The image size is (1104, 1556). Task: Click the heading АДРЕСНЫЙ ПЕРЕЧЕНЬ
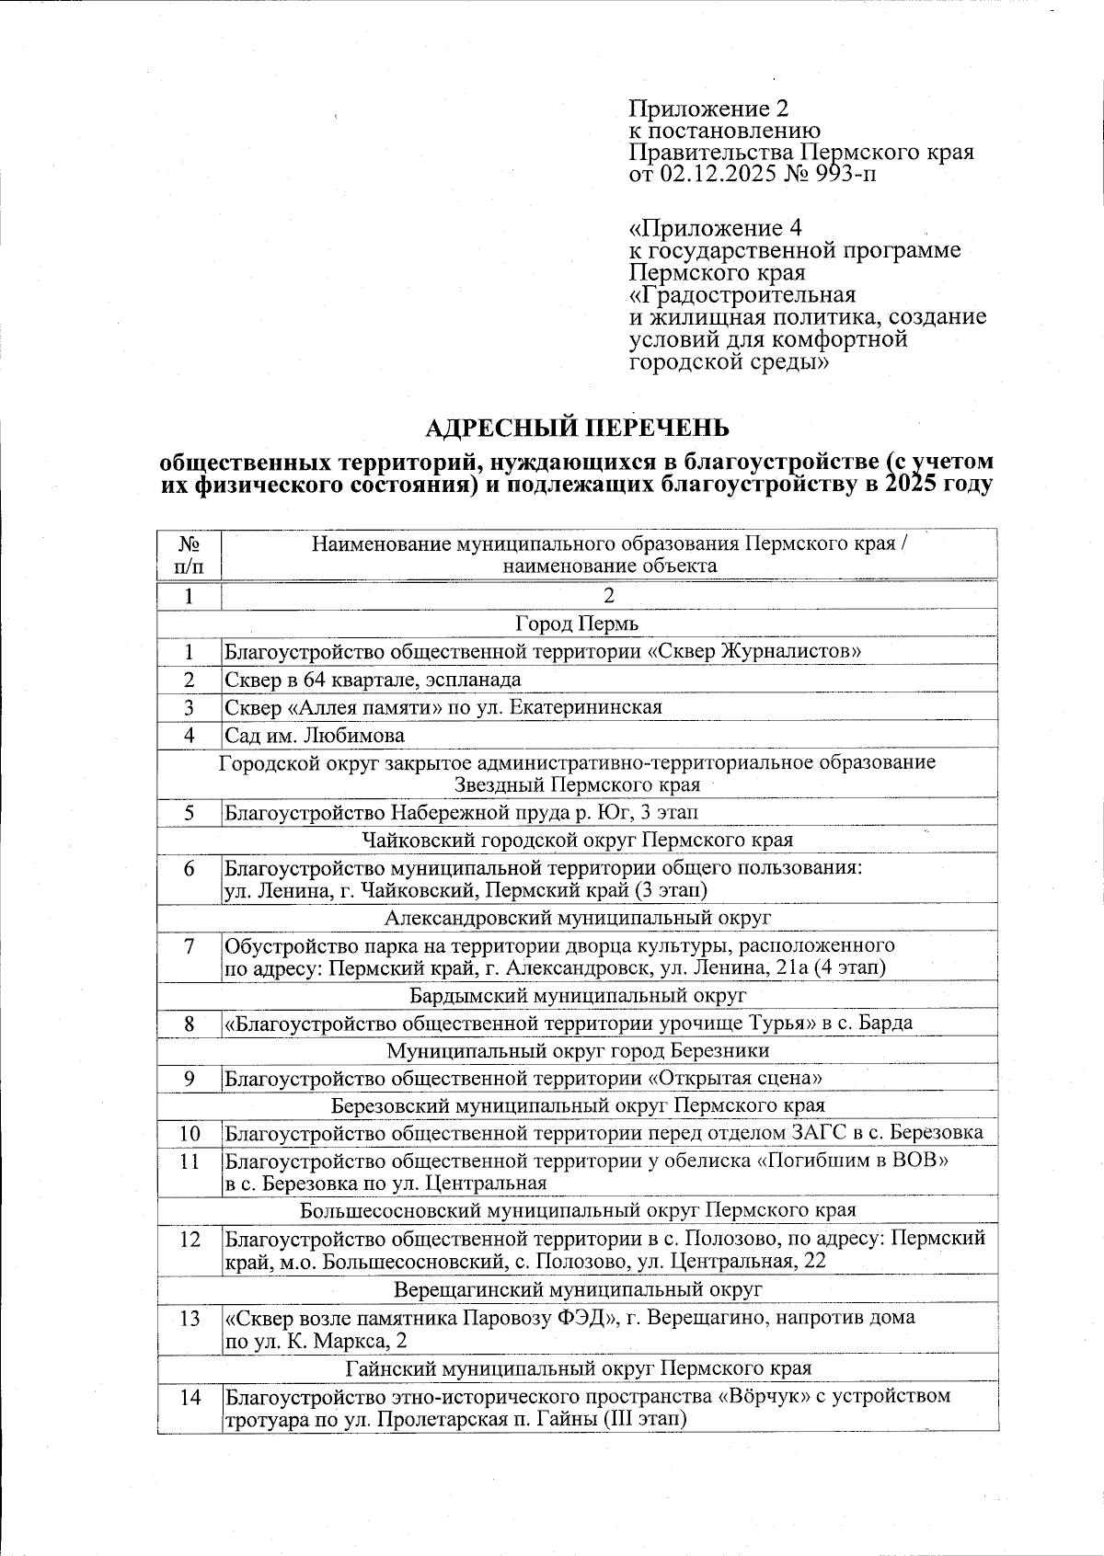578,429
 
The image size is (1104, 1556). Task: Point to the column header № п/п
189,555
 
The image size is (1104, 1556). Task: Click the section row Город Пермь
577,624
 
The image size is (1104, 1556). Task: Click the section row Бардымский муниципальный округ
577,995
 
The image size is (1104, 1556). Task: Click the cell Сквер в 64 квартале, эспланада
373,680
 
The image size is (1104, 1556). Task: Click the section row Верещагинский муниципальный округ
577,1289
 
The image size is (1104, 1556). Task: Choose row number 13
189,1318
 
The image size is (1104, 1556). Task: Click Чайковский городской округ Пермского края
577,840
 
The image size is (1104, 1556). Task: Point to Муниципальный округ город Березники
577,1050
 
